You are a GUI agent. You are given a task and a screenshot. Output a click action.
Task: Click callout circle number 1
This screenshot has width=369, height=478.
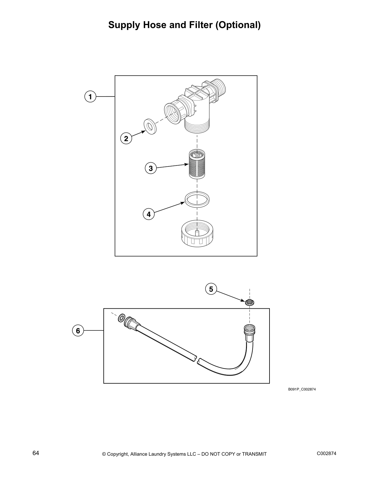pos(90,97)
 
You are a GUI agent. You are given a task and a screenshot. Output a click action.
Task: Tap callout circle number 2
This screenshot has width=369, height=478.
pos(126,139)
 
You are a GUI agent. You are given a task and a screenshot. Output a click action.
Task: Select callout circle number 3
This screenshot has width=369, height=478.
pos(151,168)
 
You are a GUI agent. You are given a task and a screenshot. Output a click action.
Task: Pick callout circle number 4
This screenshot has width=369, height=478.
pos(149,214)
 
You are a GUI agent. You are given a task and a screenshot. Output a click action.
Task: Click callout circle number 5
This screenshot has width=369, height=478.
pos(211,289)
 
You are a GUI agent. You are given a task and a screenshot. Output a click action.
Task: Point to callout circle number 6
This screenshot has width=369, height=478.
pos(78,330)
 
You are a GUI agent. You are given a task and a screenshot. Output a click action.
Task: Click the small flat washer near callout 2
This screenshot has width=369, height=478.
pos(150,126)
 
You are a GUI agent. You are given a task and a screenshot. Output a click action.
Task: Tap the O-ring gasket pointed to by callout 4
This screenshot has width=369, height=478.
pos(197,199)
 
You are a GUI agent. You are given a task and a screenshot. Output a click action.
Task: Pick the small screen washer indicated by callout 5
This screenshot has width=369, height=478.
pos(250,302)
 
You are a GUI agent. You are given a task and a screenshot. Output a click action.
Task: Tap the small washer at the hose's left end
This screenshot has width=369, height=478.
pos(121,317)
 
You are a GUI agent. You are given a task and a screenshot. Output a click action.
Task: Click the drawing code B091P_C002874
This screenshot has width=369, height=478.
pos(302,389)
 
